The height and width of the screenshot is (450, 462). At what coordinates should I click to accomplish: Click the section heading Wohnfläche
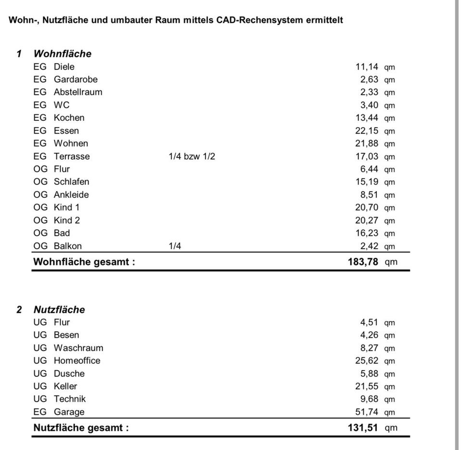(62, 54)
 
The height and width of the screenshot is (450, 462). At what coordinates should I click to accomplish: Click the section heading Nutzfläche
(59, 309)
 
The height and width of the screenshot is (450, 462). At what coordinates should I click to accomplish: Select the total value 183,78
(363, 262)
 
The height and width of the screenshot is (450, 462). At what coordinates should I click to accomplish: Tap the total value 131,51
(363, 427)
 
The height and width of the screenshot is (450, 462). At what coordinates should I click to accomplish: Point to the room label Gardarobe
(76, 79)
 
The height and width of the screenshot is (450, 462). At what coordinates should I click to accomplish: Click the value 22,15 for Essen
(367, 130)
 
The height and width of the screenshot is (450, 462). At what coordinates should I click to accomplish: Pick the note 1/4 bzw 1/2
(192, 156)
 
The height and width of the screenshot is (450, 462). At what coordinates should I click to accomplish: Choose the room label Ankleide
(71, 194)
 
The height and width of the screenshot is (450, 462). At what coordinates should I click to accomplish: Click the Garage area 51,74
(367, 411)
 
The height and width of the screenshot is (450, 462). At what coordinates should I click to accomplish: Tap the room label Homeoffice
(77, 360)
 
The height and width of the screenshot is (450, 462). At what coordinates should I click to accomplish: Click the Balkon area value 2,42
(369, 246)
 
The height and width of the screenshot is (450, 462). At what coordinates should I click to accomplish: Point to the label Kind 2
(67, 220)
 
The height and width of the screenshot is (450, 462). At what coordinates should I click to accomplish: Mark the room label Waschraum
(78, 347)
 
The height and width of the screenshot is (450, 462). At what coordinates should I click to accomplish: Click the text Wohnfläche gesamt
(84, 262)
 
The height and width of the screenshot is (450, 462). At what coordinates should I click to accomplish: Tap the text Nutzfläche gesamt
(81, 427)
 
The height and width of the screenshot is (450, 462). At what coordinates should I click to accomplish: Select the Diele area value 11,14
(367, 67)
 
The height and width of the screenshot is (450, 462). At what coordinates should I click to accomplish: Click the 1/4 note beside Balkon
(175, 246)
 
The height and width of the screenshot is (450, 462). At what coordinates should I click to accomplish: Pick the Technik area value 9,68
(369, 399)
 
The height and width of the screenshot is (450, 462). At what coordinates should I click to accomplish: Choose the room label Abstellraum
(78, 92)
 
